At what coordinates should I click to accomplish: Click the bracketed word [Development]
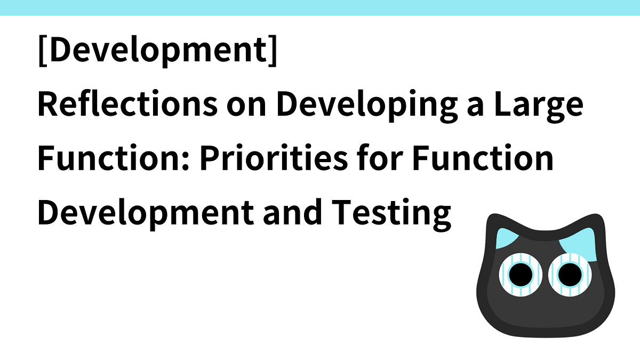[x=158, y=52]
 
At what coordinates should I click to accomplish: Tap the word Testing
[x=396, y=213]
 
